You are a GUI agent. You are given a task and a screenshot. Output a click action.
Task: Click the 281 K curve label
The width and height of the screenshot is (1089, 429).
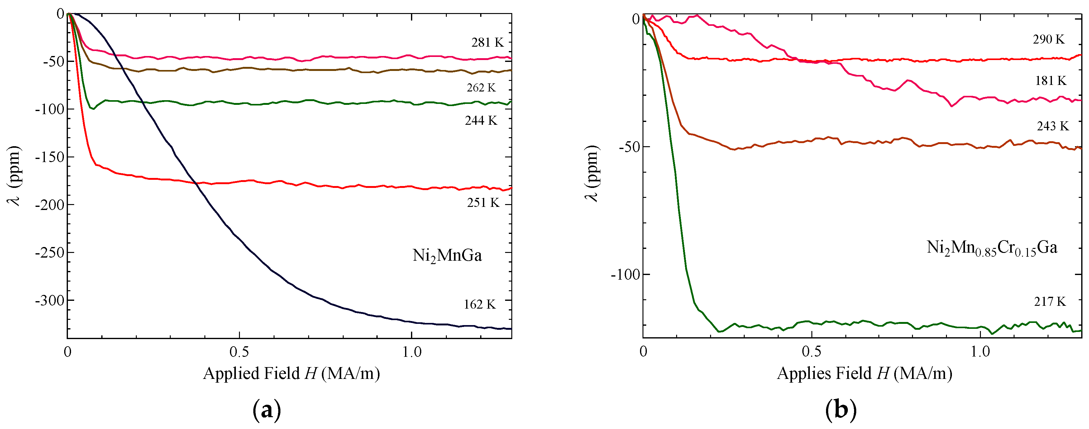[x=487, y=43]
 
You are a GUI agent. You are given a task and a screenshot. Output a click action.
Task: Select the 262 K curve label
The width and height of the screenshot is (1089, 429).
[x=481, y=88]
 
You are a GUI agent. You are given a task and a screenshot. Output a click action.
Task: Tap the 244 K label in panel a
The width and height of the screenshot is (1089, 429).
[x=481, y=121]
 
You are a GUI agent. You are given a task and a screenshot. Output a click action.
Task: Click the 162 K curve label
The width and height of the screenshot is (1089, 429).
[x=480, y=305]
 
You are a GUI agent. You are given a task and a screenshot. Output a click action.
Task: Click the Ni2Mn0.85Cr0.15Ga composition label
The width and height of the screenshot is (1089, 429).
[x=992, y=248]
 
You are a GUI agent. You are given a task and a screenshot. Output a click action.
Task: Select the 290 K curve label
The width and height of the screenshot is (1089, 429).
[x=1048, y=39]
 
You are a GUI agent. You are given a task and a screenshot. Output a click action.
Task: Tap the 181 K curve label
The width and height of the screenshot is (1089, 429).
[x=1051, y=81]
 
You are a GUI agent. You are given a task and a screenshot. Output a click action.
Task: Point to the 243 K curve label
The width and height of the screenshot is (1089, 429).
[x=1053, y=126]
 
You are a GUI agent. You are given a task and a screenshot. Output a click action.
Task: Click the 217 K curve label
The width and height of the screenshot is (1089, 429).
[x=1050, y=301]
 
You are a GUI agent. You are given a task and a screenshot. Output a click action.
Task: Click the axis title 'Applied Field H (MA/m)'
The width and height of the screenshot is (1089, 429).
[x=291, y=374]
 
